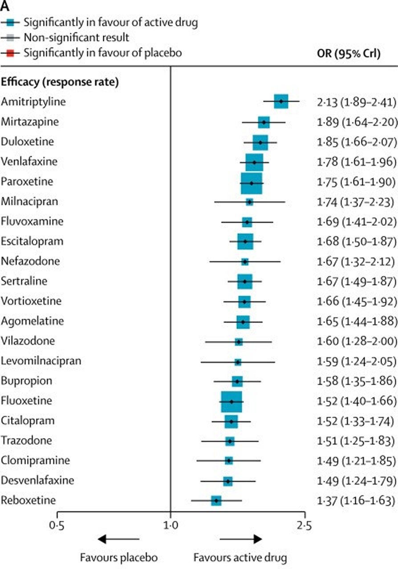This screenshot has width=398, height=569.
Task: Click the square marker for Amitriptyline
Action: [x=281, y=102]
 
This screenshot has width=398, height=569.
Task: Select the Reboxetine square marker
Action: [x=216, y=500]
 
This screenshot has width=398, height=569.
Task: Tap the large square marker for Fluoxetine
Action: [x=231, y=401]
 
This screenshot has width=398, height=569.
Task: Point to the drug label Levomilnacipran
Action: [x=41, y=361]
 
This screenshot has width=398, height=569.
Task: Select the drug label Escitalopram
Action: [x=32, y=241]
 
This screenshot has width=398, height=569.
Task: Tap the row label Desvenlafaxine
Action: [x=37, y=480]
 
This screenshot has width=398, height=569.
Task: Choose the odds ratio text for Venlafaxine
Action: [x=356, y=162]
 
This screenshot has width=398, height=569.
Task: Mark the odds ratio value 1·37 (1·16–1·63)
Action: [x=356, y=501]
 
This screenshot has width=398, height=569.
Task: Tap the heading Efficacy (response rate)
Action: [x=60, y=82]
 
